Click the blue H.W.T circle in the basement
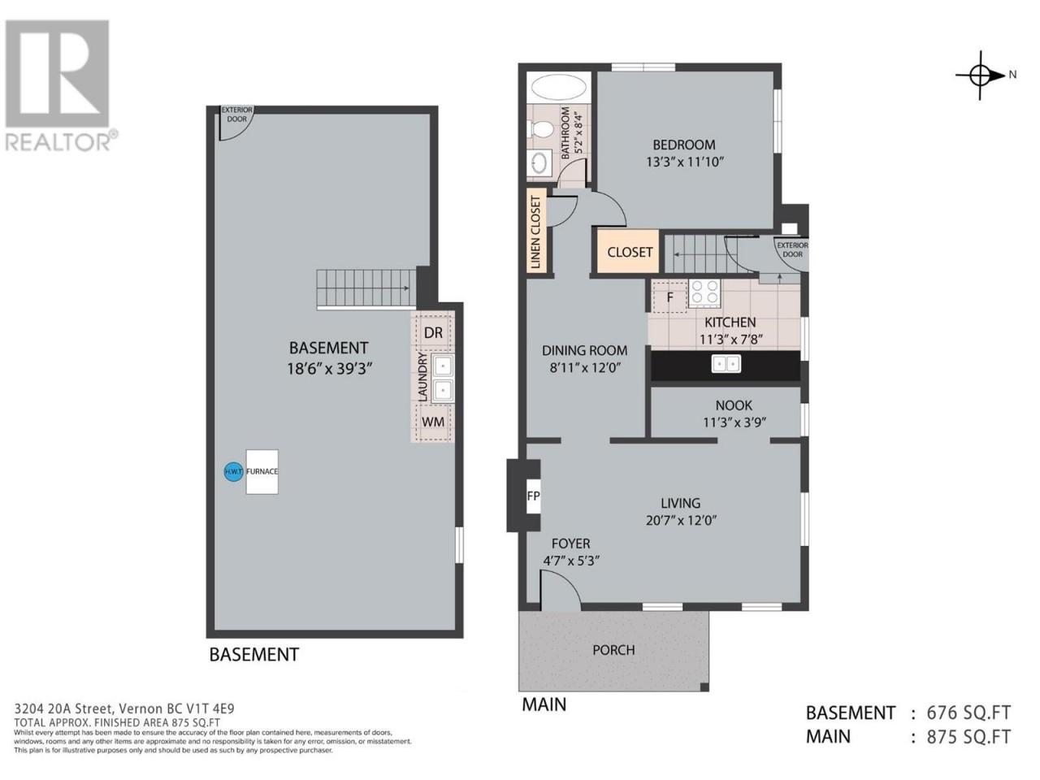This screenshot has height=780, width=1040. coord(233,472)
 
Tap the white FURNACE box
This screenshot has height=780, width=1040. coord(262,472)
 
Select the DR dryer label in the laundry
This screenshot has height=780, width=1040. coord(433,333)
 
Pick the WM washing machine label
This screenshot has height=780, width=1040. coord(433,422)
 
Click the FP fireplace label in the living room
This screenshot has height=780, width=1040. coord(534,496)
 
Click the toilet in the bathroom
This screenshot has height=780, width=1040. coord(543,128)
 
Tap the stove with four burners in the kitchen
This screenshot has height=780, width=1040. coord(704,291)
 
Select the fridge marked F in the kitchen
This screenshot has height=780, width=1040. coord(669,297)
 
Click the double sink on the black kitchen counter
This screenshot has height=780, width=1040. coord(726,364)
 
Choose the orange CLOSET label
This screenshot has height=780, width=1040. coord(630,252)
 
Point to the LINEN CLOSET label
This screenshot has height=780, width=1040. coord(536,232)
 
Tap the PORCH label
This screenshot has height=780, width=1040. coord(613,650)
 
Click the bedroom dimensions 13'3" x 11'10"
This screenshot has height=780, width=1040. coord(685,162)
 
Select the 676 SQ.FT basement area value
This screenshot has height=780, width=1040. coord(968,713)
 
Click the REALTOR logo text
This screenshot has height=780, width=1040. coord(58,141)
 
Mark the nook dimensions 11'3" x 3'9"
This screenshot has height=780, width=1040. coord(734,422)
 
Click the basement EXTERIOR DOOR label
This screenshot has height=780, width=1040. coord(236,114)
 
